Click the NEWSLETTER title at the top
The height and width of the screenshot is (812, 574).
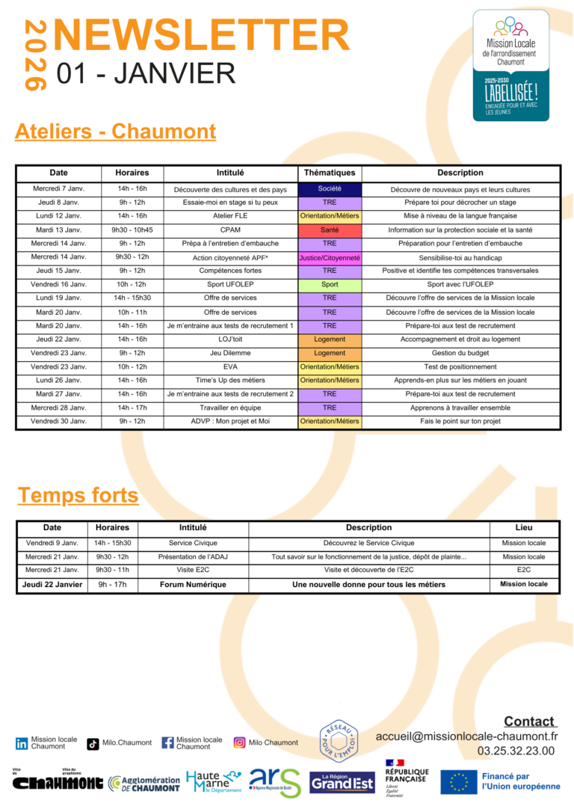[202, 35]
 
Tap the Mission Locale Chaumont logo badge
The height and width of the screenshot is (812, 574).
[510, 65]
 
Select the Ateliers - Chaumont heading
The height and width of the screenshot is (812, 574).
[115, 132]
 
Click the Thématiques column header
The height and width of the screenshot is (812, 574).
[330, 173]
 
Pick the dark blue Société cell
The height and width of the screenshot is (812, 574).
[330, 189]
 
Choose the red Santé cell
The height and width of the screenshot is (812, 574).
[330, 230]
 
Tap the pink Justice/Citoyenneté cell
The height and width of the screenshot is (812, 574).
[330, 258]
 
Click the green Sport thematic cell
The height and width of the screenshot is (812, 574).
[330, 285]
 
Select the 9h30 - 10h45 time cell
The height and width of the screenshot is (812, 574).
[132, 230]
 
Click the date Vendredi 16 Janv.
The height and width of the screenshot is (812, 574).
[58, 285]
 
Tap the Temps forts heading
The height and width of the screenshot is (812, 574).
[78, 495]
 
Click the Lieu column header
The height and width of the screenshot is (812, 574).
[524, 528]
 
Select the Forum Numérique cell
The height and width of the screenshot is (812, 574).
[193, 585]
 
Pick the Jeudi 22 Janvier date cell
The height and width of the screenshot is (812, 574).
[52, 585]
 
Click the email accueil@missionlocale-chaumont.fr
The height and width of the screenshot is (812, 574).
[466, 736]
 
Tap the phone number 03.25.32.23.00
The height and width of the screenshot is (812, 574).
[516, 751]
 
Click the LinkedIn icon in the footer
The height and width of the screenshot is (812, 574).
[22, 743]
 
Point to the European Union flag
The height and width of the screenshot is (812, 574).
[458, 781]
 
